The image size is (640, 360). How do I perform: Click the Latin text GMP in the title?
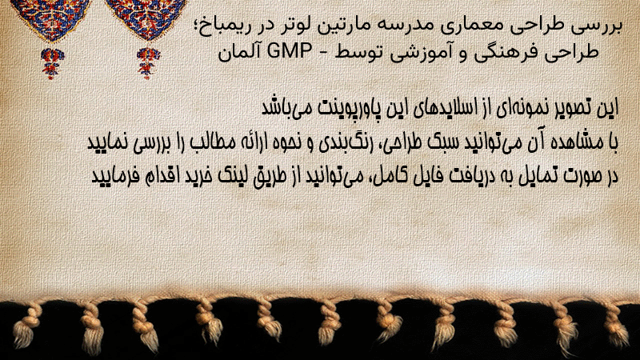click(x=290, y=51)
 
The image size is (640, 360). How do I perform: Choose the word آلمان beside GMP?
click(x=238, y=52)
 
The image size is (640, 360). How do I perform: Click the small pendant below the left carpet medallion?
click(x=52, y=63)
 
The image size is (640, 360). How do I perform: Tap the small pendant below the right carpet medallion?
click(x=148, y=63)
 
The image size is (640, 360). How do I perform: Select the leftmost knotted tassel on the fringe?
click(x=25, y=326)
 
